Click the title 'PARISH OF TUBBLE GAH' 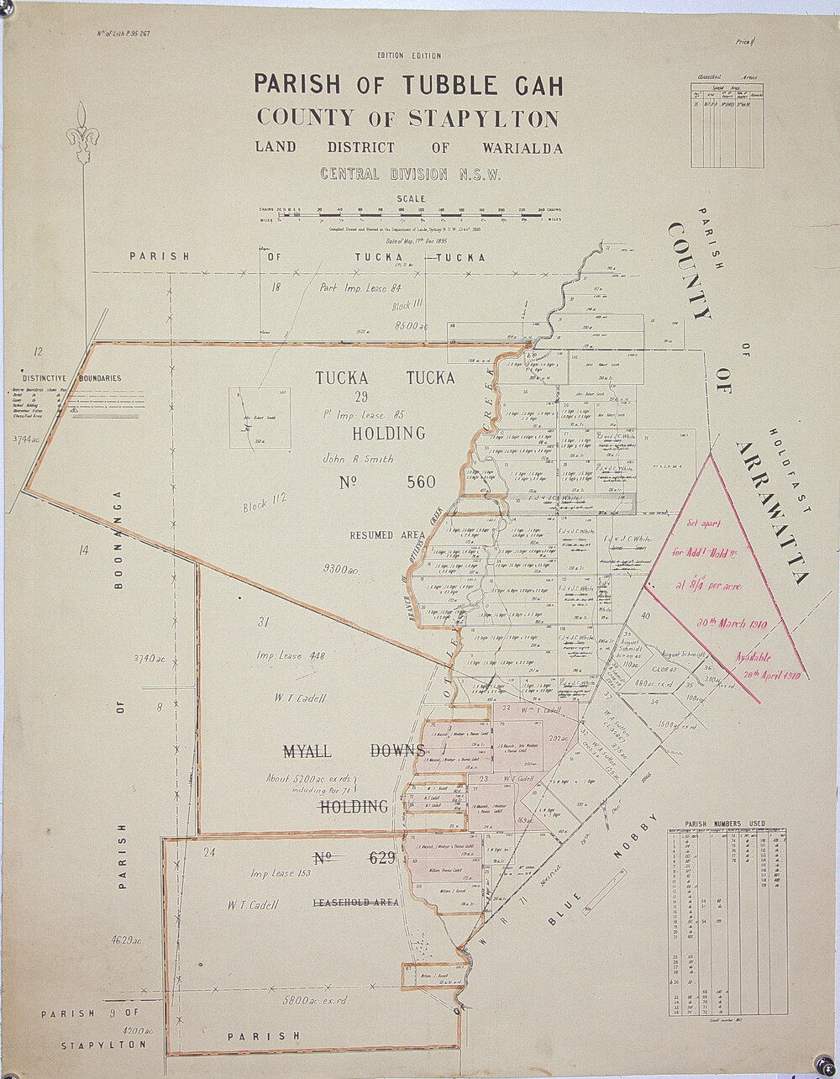tap(408, 85)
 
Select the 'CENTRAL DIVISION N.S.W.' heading tap(408, 175)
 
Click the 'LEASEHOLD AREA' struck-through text tap(355, 903)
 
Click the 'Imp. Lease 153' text tap(280, 873)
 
